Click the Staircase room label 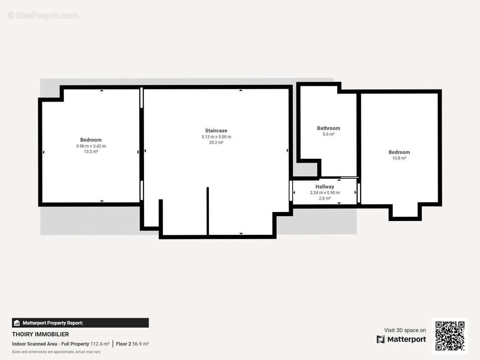pos(216,130)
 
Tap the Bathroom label pos(328,128)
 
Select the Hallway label pos(325,187)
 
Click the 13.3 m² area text pos(91,152)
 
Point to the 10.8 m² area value pos(399,158)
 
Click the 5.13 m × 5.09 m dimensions pos(216,137)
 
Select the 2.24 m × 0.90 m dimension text pos(325,193)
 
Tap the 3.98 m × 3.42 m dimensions pos(91,146)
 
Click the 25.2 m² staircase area pos(216,143)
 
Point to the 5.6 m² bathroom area pos(328,134)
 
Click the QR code pos(450,336)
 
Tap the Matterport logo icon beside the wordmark pos(381,339)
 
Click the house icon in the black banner pos(17,323)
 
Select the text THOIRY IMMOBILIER pos(41,334)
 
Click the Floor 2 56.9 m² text pos(132,344)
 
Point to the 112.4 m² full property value pos(100,344)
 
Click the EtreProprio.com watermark pos(43,15)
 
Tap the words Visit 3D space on pos(405,330)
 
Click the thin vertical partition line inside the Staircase pos(208,211)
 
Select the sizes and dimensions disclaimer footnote pos(56,352)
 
